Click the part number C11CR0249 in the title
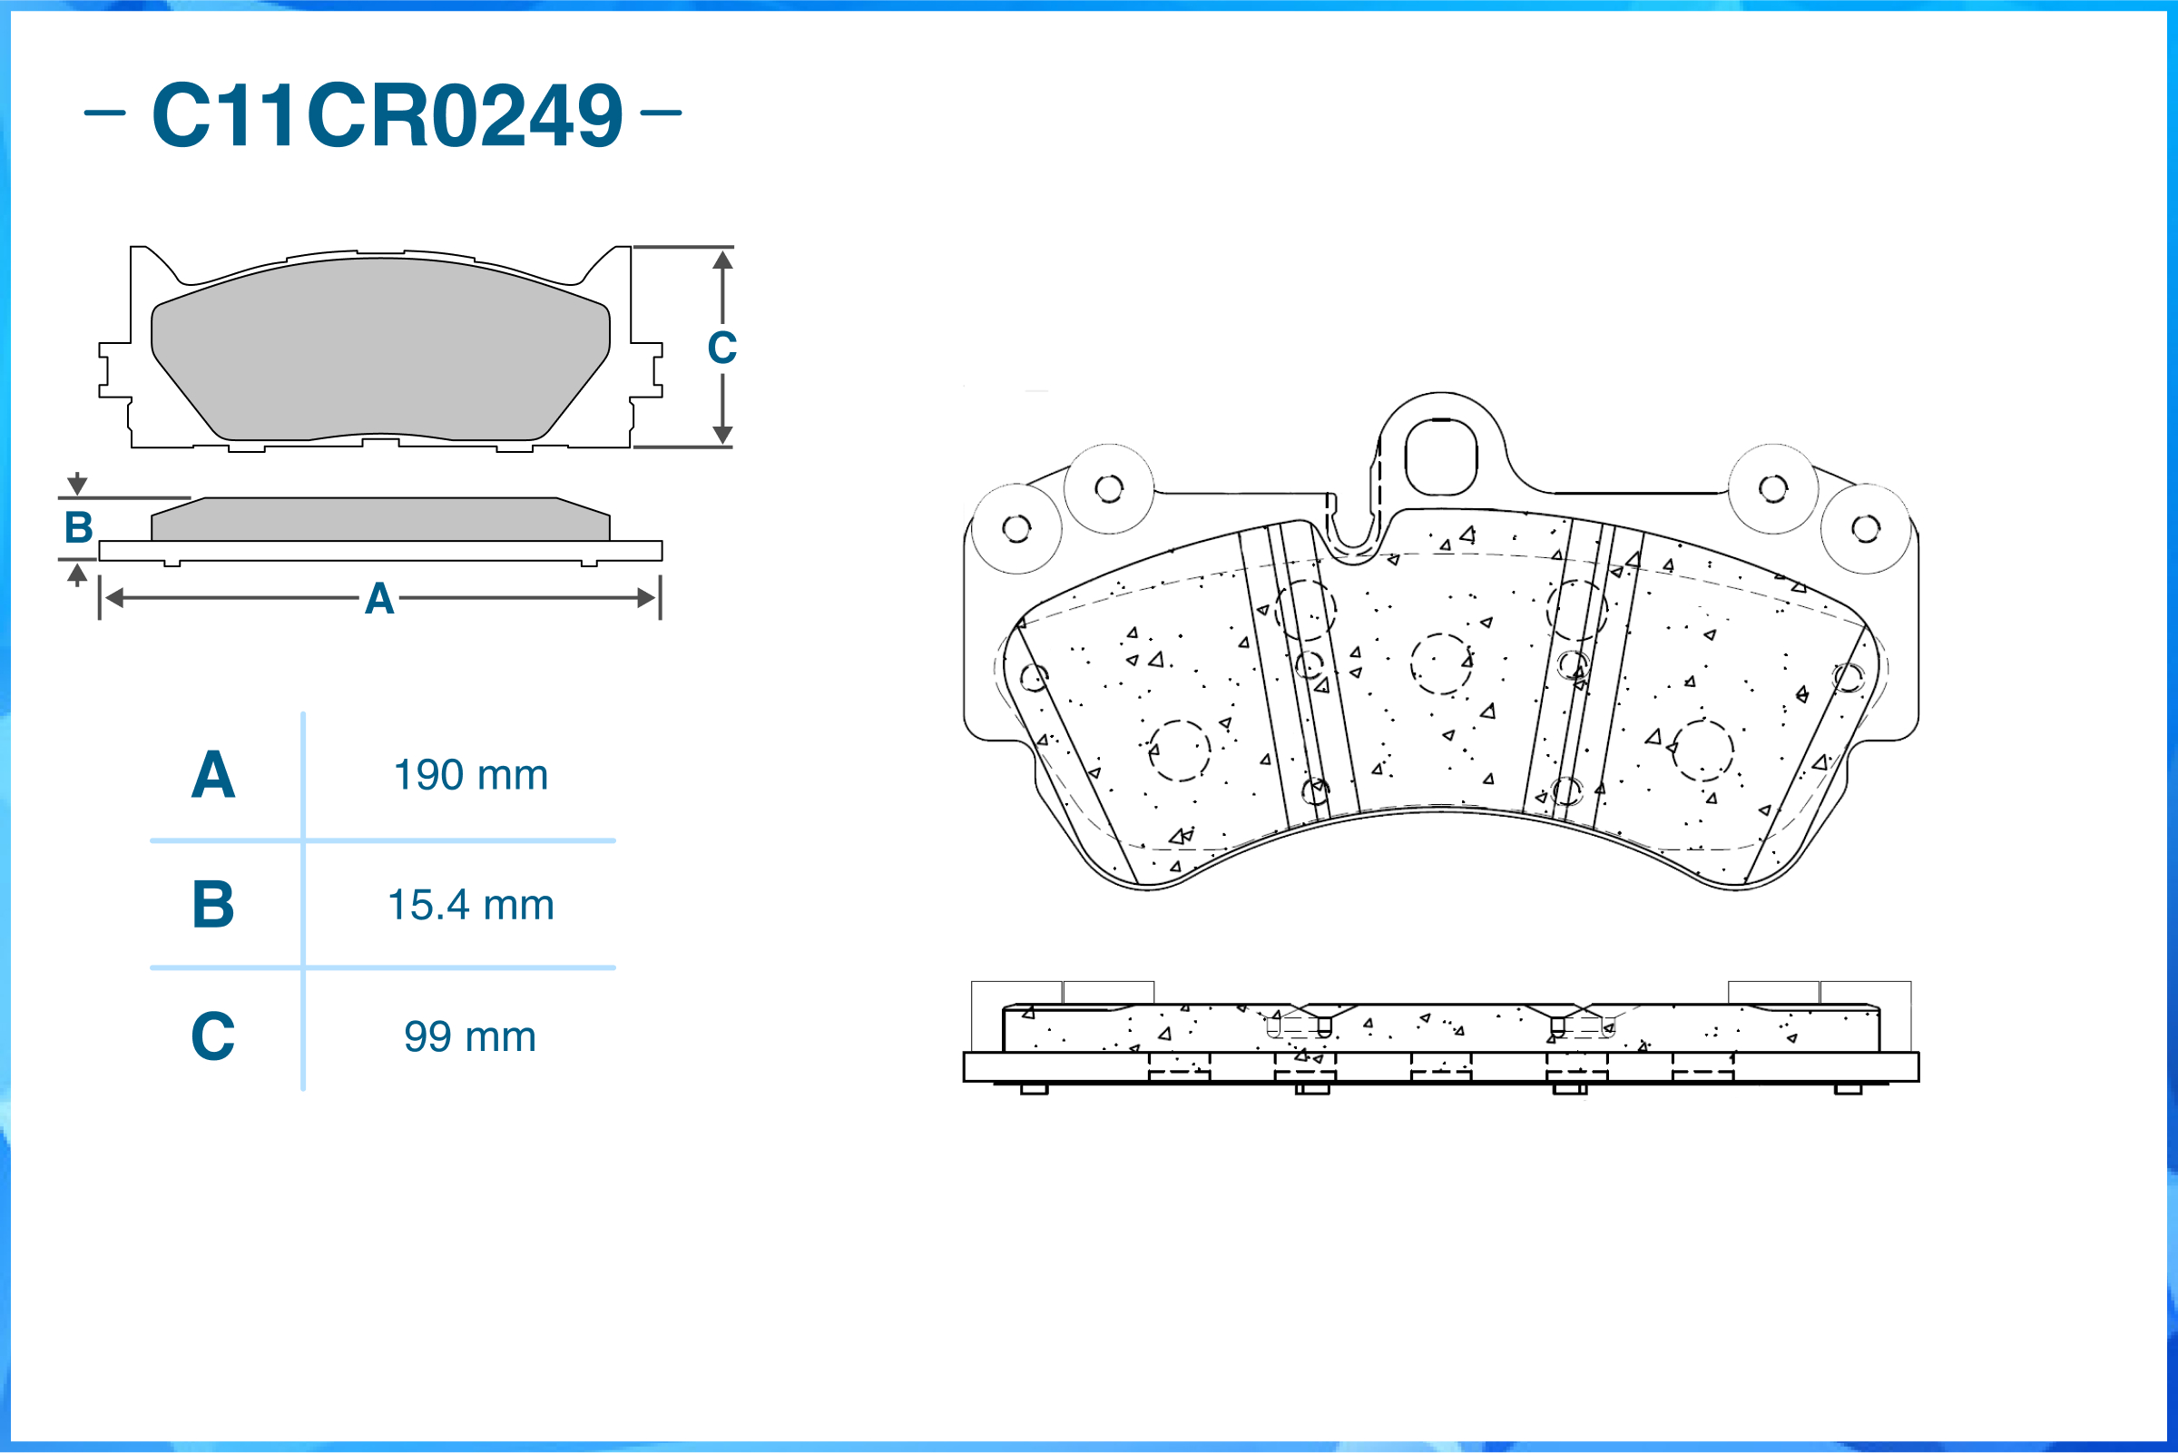pyautogui.click(x=388, y=115)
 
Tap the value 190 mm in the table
pyautogui.click(x=471, y=775)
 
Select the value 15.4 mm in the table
pyautogui.click(x=471, y=905)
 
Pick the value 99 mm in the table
pyautogui.click(x=470, y=1036)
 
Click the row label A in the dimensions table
pyautogui.click(x=213, y=775)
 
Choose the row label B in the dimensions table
pyautogui.click(x=213, y=905)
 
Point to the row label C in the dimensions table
pyautogui.click(x=213, y=1036)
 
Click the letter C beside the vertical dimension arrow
pyautogui.click(x=722, y=348)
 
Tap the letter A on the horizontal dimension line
pyautogui.click(x=379, y=599)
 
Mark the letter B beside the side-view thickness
pyautogui.click(x=79, y=527)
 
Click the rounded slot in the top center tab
pyautogui.click(x=1440, y=457)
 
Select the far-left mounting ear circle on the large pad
pyautogui.click(x=1016, y=528)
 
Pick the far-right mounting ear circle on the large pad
pyautogui.click(x=1865, y=528)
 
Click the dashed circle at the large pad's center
pyautogui.click(x=1441, y=663)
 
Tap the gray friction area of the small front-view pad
pyautogui.click(x=381, y=349)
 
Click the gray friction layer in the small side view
pyautogui.click(x=381, y=519)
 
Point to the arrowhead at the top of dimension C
pyautogui.click(x=722, y=260)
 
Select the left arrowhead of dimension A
pyautogui.click(x=114, y=598)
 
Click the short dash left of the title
pyautogui.click(x=104, y=113)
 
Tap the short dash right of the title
pyautogui.click(x=661, y=113)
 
